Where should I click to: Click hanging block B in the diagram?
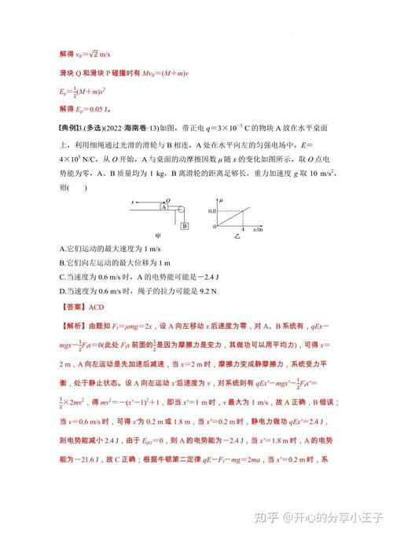(x=184, y=227)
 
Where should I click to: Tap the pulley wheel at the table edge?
(x=181, y=209)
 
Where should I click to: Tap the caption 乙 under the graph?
(x=234, y=244)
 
